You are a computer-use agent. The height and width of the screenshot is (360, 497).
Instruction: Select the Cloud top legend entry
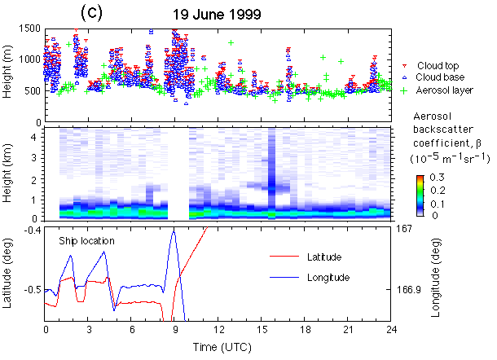438,65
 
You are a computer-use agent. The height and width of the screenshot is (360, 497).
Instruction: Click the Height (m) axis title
9,76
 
